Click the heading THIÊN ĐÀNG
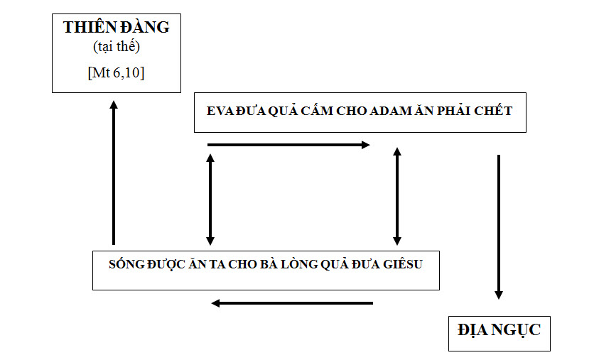(x=116, y=28)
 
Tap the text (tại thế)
(x=116, y=48)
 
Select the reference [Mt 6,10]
(x=116, y=72)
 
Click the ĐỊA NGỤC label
(x=499, y=330)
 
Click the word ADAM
(x=392, y=111)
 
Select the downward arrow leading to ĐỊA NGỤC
(x=499, y=227)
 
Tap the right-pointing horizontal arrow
(x=288, y=145)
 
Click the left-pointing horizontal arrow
(x=292, y=303)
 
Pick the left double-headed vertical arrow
(x=210, y=199)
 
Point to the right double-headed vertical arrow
(x=397, y=197)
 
